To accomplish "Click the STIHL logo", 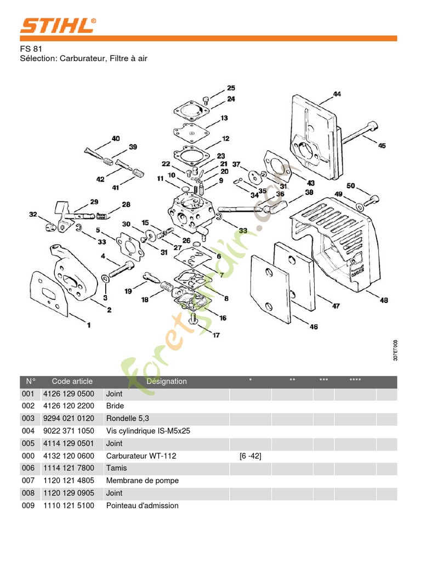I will (59, 26).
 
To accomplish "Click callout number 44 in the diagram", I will (337, 94).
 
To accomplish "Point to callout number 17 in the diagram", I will (217, 335).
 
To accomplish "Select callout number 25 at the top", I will (231, 88).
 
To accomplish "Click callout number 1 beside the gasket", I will (89, 325).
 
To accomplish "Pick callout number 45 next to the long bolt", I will (382, 145).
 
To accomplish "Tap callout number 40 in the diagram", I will (116, 139).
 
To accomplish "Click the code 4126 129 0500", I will (69, 394).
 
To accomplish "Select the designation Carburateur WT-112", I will (141, 456).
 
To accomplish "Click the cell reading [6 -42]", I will (250, 456).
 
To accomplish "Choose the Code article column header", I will (72, 381).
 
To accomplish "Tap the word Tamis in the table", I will (116, 468).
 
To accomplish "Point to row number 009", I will (28, 505).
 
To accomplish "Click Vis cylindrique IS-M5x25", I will (148, 431).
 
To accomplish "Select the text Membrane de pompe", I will (142, 480).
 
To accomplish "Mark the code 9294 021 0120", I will (69, 418).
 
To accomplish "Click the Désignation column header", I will (167, 381).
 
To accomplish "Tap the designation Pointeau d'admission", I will (142, 505).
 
